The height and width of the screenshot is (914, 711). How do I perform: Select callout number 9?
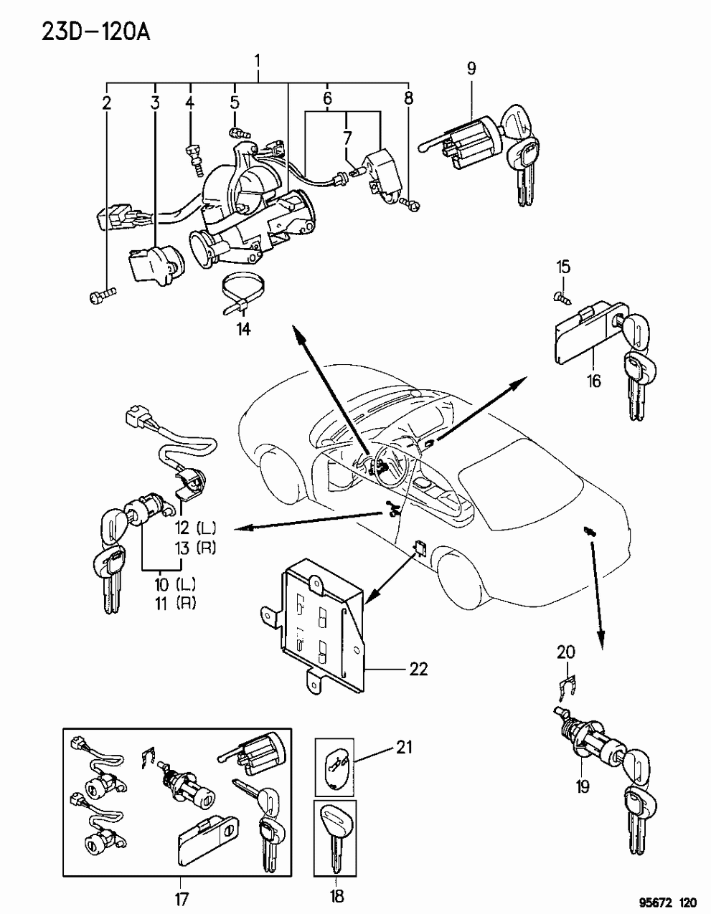point(471,68)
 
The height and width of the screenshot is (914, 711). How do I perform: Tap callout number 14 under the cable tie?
point(244,328)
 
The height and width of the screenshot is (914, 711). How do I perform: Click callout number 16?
point(593,381)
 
